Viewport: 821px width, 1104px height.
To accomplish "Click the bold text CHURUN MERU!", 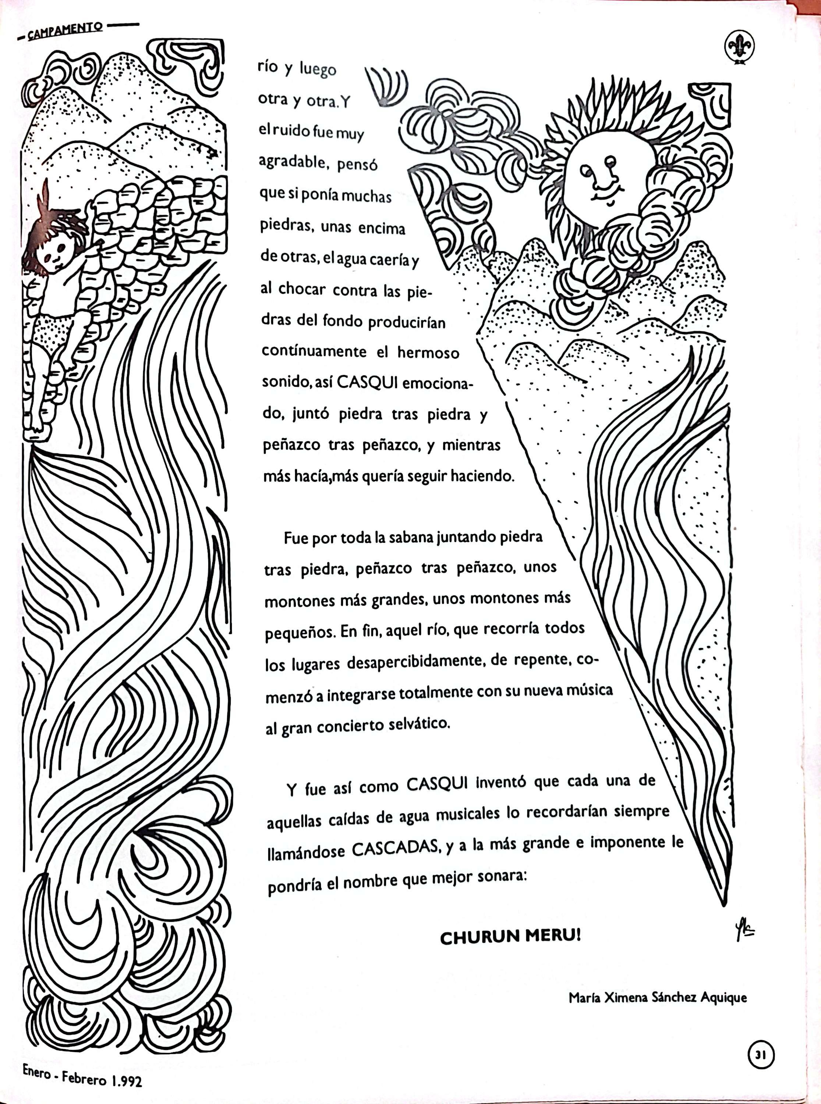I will [510, 937].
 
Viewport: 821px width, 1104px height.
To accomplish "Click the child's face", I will [55, 254].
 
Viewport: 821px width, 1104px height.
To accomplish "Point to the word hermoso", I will [428, 353].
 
